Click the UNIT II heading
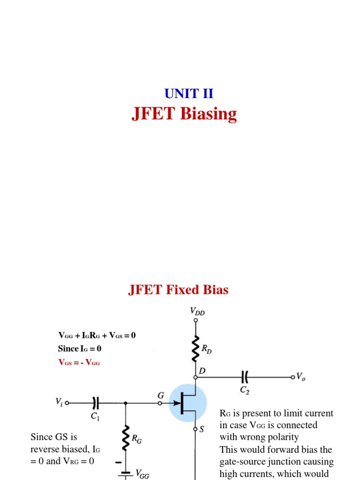pyautogui.click(x=188, y=93)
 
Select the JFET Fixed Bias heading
pyautogui.click(x=178, y=290)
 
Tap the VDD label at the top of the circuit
pyautogui.click(x=197, y=311)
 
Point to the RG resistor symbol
pyautogui.click(x=126, y=437)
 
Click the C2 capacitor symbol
pyautogui.click(x=244, y=376)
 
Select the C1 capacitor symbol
pyautogui.click(x=96, y=402)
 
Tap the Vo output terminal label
pyautogui.click(x=301, y=376)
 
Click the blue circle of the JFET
pyautogui.click(x=188, y=403)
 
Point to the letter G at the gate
pyautogui.click(x=160, y=395)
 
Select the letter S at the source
pyautogui.click(x=202, y=429)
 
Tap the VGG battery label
pyautogui.click(x=142, y=474)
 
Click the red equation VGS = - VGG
pyautogui.click(x=79, y=362)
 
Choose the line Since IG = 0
pyautogui.click(x=79, y=349)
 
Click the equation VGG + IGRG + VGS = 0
pyautogui.click(x=97, y=335)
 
